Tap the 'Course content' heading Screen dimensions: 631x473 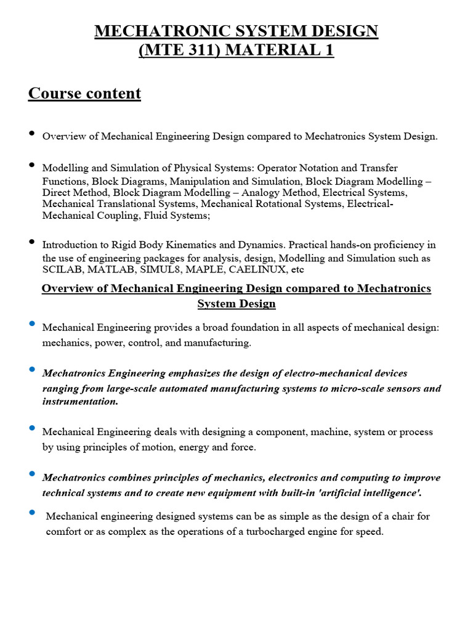pos(84,94)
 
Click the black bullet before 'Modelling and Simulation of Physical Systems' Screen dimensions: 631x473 pos(31,165)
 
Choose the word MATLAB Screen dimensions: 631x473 pos(105,270)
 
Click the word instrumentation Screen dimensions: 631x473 pos(79,401)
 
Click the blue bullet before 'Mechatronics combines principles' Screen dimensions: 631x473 pos(31,474)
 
